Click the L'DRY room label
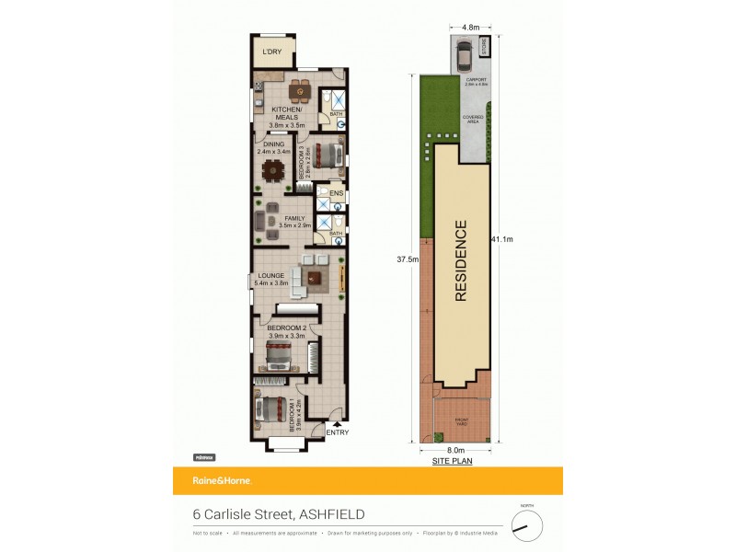pos(271,52)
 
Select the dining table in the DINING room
pos(273,170)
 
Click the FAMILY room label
pos(294,219)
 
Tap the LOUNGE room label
pos(270,275)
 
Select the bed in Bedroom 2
pos(285,355)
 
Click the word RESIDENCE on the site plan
pos(461,260)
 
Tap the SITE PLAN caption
pos(452,461)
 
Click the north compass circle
pos(527,526)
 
